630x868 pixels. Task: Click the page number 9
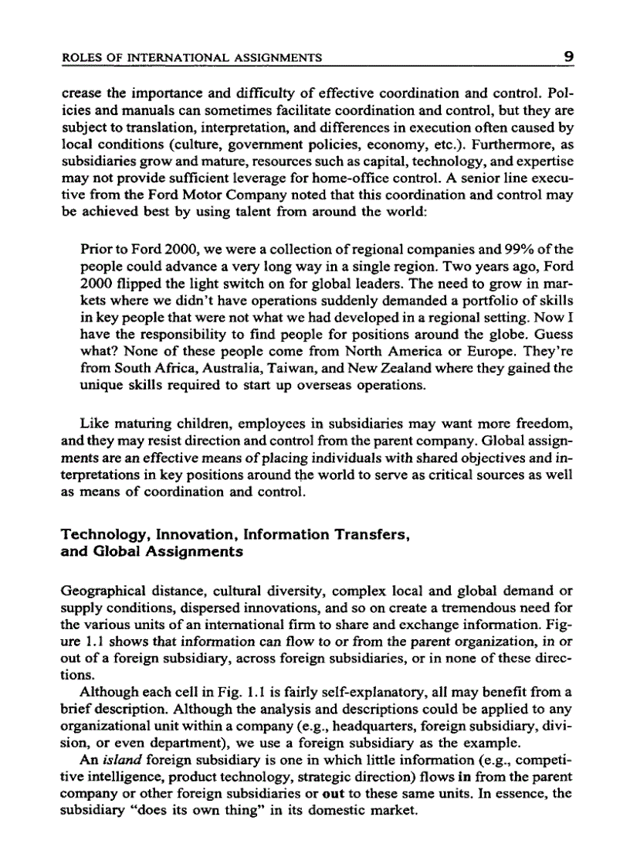pyautogui.click(x=566, y=55)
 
